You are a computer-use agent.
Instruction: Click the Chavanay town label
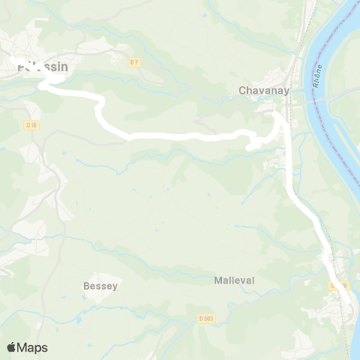(x=259, y=90)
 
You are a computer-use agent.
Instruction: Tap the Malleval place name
(x=234, y=280)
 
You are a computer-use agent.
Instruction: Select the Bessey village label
(x=100, y=286)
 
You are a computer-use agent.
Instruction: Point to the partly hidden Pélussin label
(x=42, y=67)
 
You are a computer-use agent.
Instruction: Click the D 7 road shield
(x=133, y=62)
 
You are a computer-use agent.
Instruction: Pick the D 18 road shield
(x=31, y=124)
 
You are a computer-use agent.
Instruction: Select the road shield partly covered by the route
(x=338, y=285)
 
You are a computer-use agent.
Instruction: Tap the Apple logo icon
(x=11, y=347)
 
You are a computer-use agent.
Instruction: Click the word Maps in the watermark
(x=32, y=347)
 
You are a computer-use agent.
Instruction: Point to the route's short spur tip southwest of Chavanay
(x=248, y=148)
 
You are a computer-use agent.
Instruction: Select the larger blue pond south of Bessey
(x=78, y=319)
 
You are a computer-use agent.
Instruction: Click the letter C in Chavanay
(x=242, y=90)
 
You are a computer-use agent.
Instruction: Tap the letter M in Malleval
(x=217, y=280)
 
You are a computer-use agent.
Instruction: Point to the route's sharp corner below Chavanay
(x=277, y=115)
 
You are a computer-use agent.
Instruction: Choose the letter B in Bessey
(x=85, y=286)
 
